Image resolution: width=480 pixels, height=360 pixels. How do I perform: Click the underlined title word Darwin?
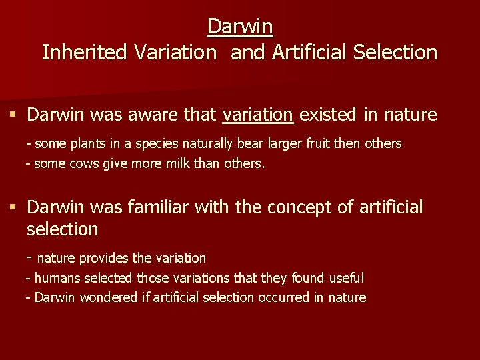coord(240,26)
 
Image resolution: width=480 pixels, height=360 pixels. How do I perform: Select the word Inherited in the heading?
coord(86,52)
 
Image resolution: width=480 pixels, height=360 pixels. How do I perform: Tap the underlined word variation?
coord(257,115)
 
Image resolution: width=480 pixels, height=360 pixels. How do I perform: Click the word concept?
coord(298,207)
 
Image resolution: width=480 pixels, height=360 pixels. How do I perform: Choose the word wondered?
coord(109,297)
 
